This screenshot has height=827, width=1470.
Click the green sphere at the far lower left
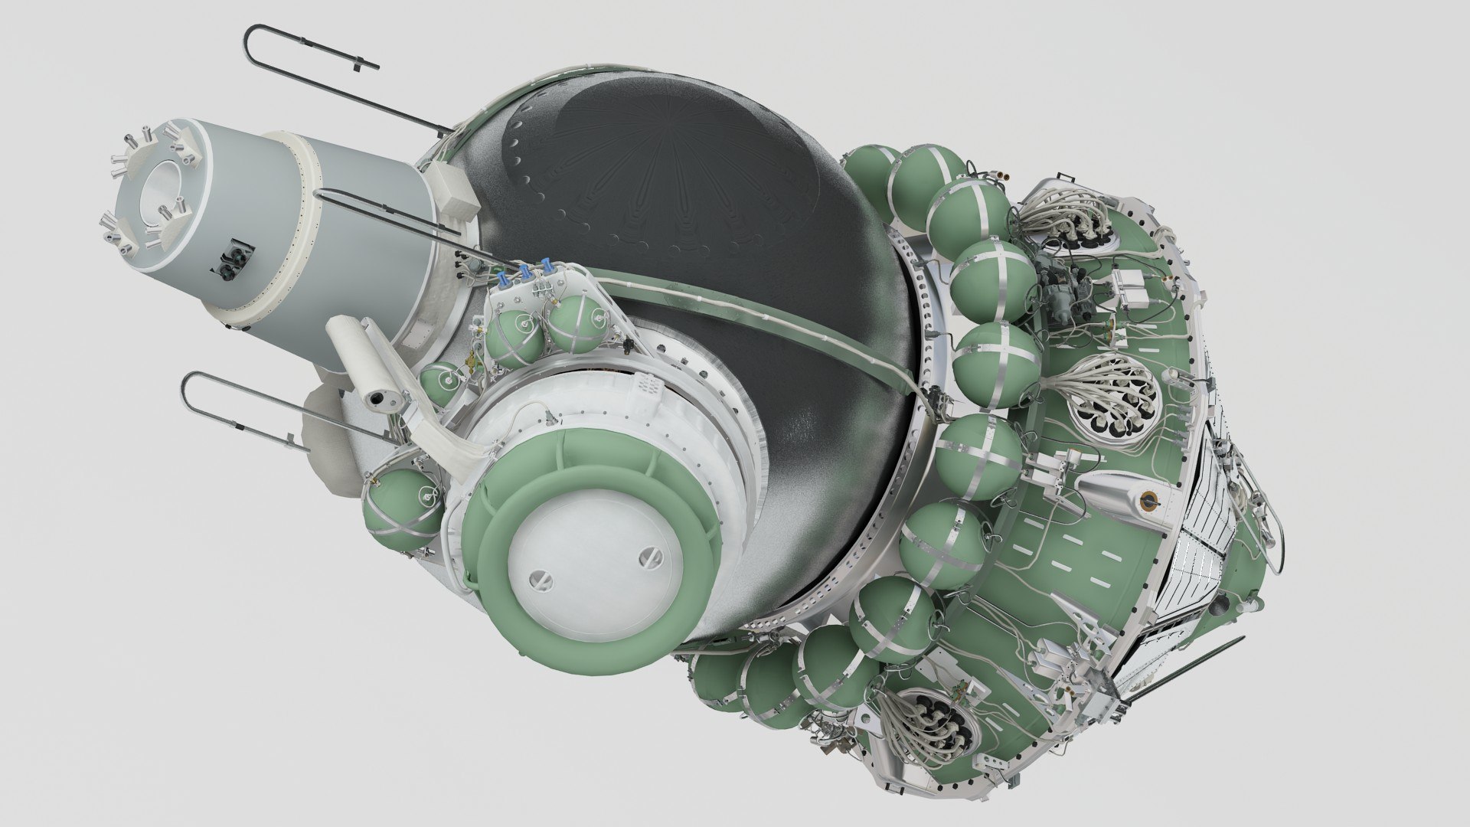tap(402, 506)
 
